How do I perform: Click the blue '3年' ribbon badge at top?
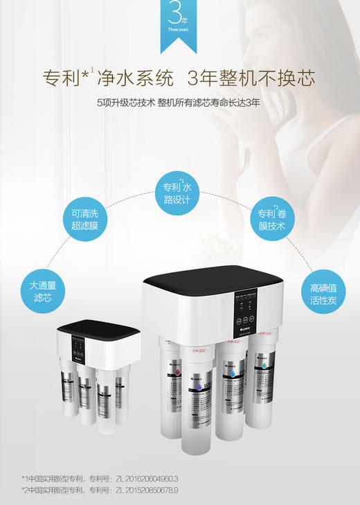click(180, 24)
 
